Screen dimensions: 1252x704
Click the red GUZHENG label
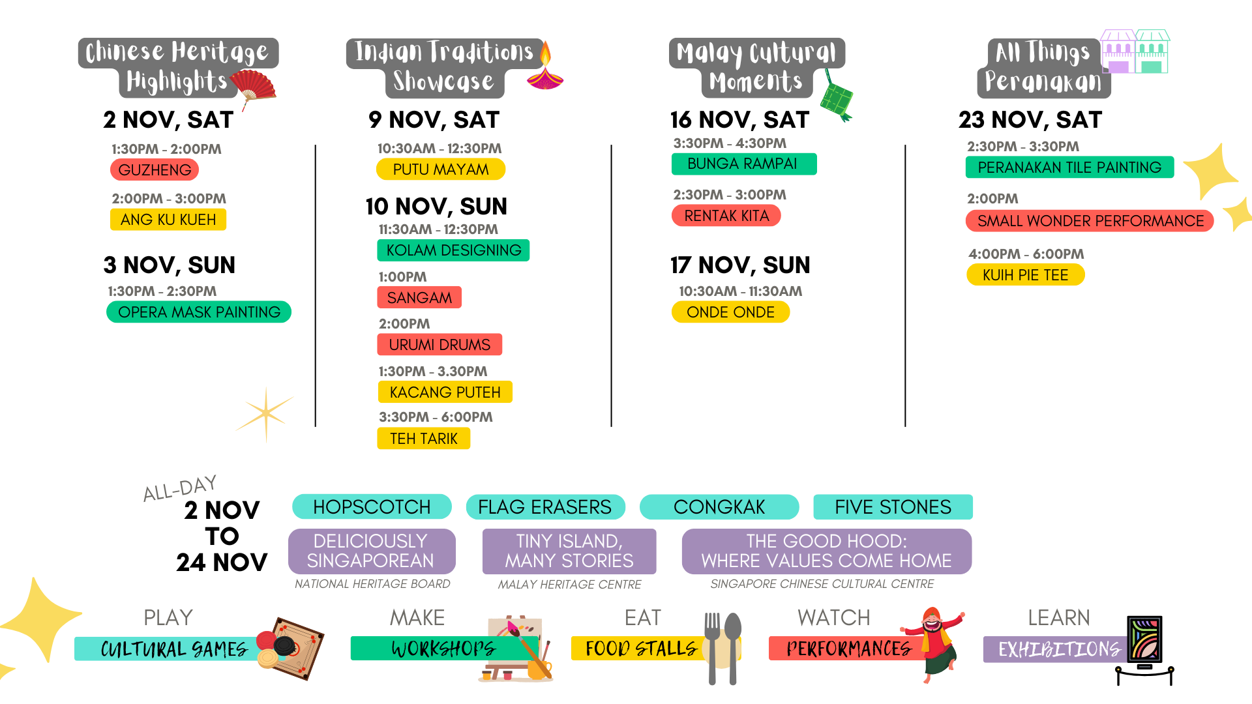(155, 169)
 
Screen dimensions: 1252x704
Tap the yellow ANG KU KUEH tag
(168, 220)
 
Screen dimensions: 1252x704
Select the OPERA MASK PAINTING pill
(199, 312)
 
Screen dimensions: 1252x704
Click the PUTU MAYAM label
(441, 169)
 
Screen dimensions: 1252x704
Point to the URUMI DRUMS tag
(440, 344)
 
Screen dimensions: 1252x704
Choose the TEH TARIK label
(424, 439)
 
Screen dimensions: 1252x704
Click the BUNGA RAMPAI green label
(744, 164)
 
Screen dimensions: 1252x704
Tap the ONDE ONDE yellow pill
(730, 312)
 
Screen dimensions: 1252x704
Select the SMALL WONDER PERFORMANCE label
(1090, 221)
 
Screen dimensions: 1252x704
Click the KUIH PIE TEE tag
(1025, 275)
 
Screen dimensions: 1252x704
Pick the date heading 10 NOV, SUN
(436, 207)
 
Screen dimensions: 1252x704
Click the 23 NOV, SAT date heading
(1030, 120)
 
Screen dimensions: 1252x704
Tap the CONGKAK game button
(719, 507)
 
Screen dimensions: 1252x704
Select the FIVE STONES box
(893, 507)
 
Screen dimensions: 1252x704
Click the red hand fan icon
(253, 89)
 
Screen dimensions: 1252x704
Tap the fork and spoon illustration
(723, 648)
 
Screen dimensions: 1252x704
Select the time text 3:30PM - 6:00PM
(436, 417)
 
